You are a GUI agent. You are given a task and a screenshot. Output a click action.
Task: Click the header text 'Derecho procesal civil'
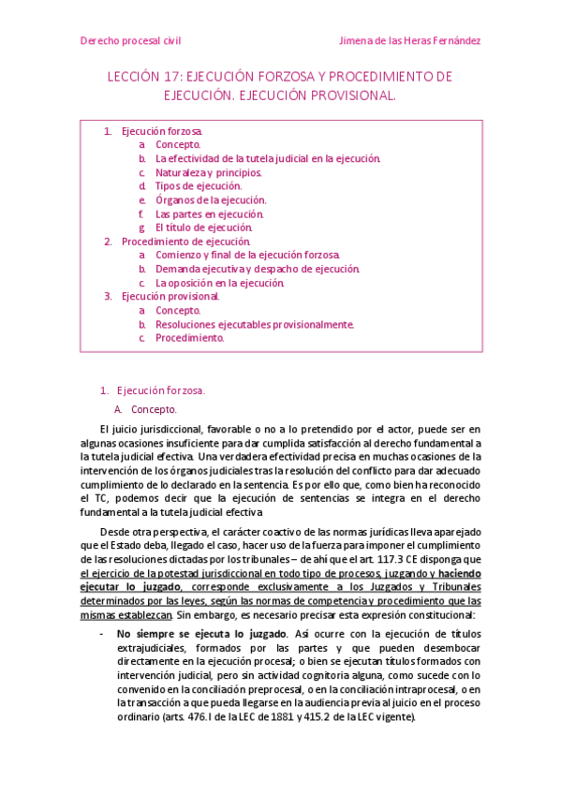click(130, 41)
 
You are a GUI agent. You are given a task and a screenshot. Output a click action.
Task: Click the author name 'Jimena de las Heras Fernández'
click(409, 41)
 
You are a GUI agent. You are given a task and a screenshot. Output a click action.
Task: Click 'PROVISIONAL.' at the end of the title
click(351, 96)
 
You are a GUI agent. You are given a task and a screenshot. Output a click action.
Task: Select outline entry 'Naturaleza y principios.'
click(208, 172)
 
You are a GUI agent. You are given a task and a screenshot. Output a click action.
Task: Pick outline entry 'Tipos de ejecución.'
click(198, 186)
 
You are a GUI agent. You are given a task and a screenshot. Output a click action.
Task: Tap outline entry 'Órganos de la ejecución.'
click(211, 199)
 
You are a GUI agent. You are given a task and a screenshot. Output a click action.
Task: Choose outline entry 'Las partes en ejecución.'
click(210, 213)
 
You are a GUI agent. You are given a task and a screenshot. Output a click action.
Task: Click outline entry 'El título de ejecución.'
click(203, 228)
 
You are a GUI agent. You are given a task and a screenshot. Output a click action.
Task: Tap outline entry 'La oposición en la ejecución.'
click(219, 283)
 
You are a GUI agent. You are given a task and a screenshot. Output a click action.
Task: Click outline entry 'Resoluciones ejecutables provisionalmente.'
click(255, 324)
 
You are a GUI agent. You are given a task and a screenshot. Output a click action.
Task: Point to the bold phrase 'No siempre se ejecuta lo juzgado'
click(185, 634)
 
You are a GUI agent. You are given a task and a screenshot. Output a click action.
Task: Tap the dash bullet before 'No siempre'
click(101, 634)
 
